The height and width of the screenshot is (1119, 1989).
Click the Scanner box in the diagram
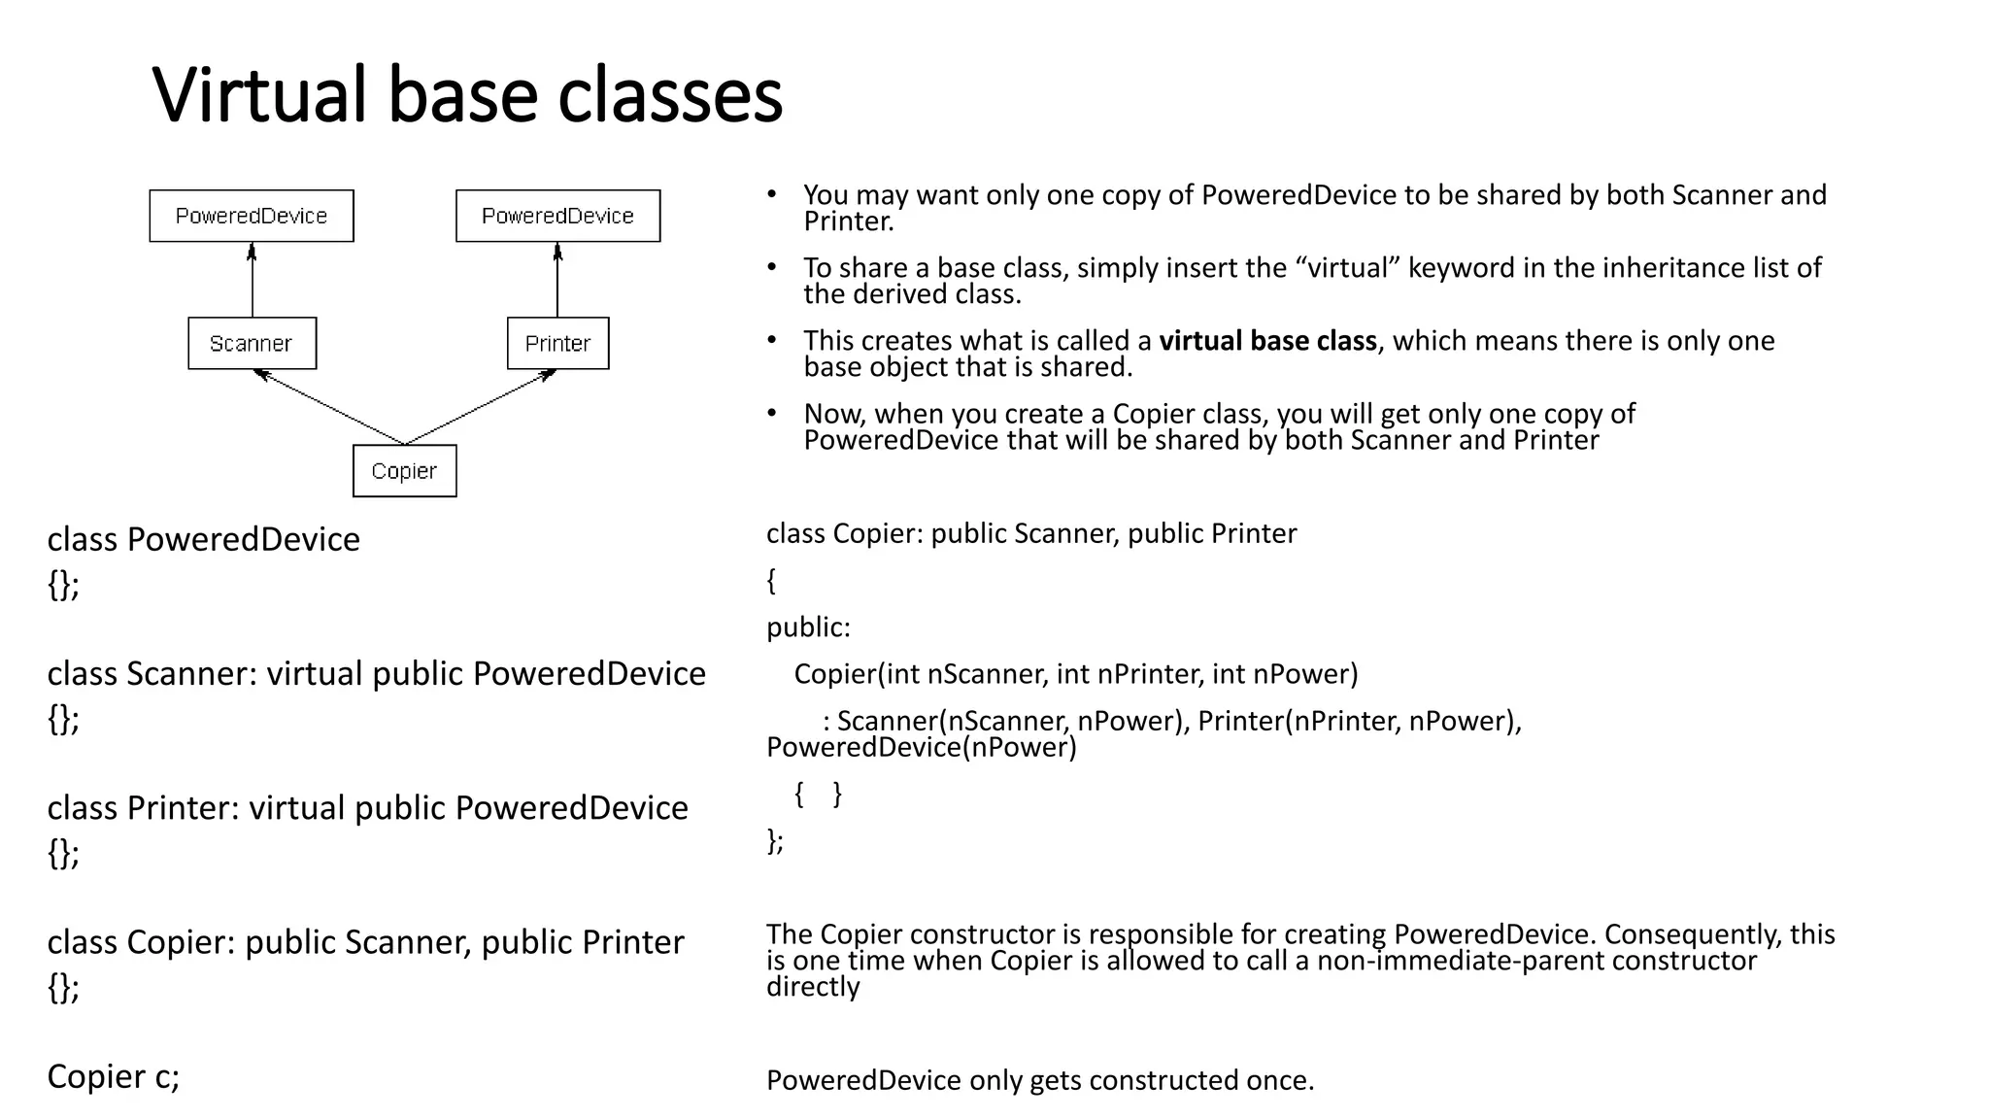(252, 343)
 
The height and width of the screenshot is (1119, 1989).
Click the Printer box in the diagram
(557, 343)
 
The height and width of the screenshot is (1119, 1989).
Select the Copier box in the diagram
(404, 471)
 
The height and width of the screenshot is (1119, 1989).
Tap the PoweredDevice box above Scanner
(252, 216)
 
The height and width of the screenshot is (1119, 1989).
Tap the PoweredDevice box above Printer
(557, 216)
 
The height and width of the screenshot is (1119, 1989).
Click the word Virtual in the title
(259, 95)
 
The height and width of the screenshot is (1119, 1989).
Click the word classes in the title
(670, 95)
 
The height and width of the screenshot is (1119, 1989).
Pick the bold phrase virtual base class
(1267, 341)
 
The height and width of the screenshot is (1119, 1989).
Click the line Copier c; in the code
(114, 1076)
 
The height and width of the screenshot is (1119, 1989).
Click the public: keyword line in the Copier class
(808, 627)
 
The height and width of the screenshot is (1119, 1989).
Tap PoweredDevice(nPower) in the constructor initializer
(921, 747)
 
